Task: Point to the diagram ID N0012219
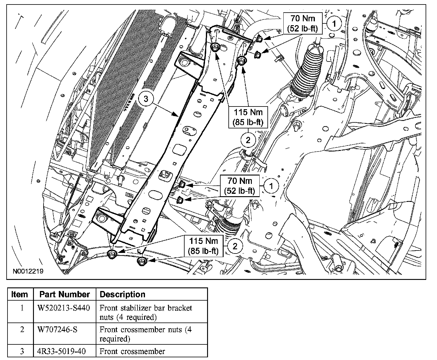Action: (28, 271)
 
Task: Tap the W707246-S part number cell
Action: (57, 329)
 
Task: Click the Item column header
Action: (20, 294)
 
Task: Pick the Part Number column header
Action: (65, 294)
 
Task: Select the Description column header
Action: (122, 294)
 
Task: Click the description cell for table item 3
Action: (132, 351)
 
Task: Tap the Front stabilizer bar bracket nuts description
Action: (146, 312)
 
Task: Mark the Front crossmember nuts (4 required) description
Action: (146, 334)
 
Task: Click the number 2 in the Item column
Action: (22, 329)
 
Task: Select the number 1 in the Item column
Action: (22, 308)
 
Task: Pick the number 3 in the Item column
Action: (22, 351)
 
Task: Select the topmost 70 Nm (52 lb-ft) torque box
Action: (303, 23)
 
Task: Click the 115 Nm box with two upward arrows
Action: (248, 117)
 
